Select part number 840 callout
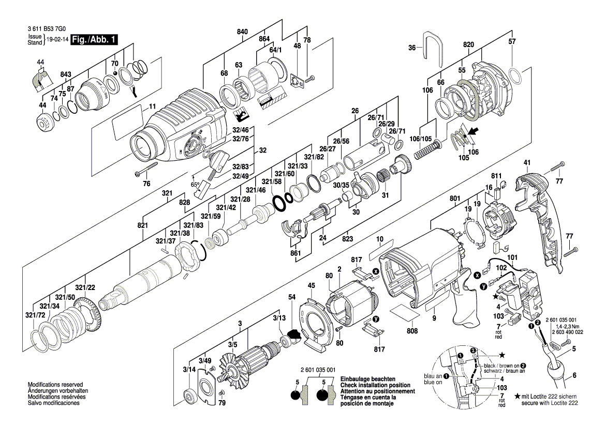(242, 32)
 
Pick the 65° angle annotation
(195, 184)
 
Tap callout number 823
(347, 239)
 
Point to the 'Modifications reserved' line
(55, 385)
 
